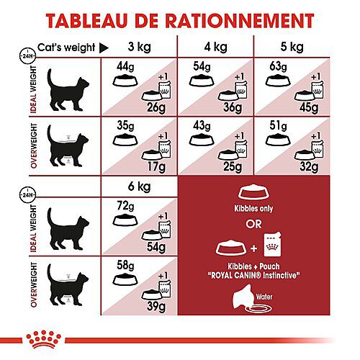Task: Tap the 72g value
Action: coord(115,206)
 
